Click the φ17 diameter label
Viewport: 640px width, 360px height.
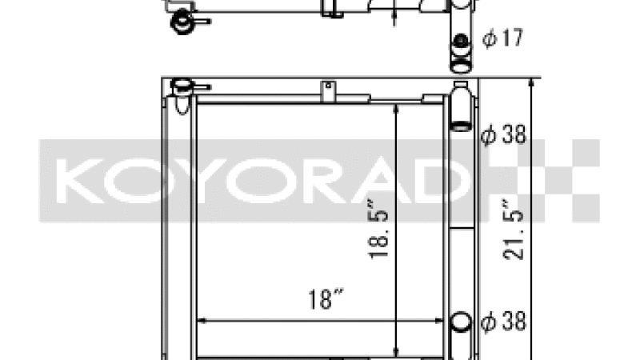(x=502, y=38)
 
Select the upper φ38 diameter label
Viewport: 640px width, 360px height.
(x=503, y=134)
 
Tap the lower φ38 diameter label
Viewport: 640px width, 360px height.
(x=503, y=322)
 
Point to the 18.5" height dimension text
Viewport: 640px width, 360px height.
(x=378, y=229)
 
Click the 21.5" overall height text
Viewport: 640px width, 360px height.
(x=513, y=230)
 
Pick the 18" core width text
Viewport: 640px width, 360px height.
(x=326, y=299)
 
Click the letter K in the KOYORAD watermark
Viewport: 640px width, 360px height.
(x=80, y=181)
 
